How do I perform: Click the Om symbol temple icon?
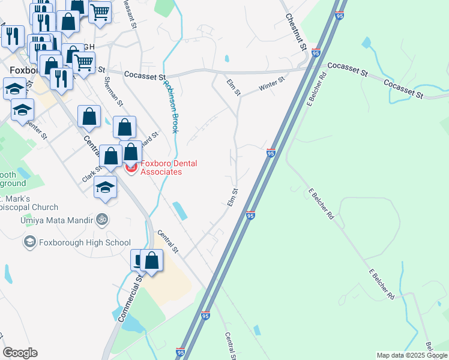point(101,220)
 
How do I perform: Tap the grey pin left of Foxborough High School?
point(29,242)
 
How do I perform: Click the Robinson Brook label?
point(172,106)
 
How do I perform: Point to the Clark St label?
point(92,175)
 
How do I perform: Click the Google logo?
point(20,353)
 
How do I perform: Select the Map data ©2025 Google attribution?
point(412,355)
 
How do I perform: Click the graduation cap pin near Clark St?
point(105,187)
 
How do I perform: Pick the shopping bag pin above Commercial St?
point(152,261)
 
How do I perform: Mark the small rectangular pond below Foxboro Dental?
point(179,210)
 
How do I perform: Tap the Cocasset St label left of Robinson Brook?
point(145,76)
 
